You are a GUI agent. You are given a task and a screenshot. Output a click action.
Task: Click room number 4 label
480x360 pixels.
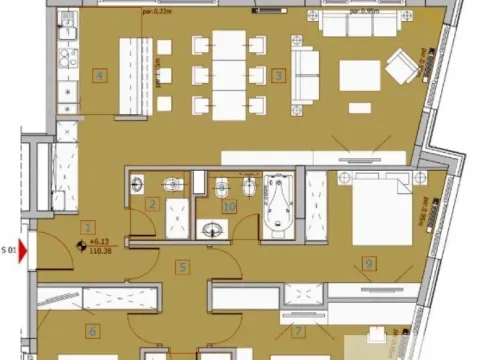point(99,74)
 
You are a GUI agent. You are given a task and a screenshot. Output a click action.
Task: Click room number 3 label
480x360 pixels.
point(278,74)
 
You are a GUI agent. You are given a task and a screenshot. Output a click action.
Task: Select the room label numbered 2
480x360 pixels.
point(152,204)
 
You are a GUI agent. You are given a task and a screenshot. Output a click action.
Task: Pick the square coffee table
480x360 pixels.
point(359,75)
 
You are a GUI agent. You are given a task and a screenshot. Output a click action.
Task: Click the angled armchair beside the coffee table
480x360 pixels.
point(403,66)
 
